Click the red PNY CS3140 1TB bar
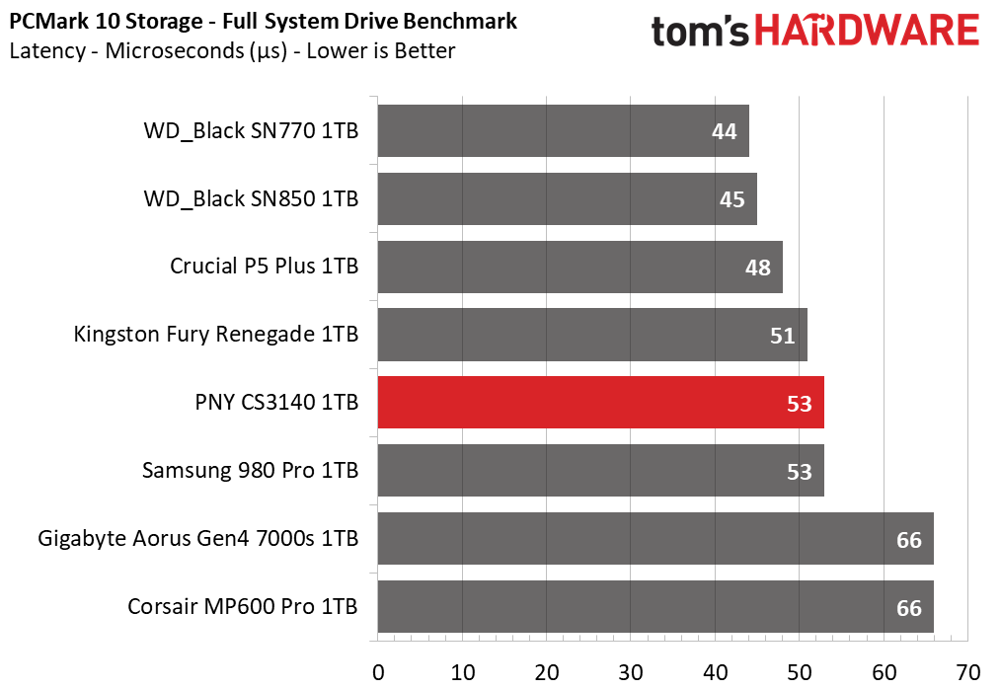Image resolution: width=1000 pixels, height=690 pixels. pos(601,403)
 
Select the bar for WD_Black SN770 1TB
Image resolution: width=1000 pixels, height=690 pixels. pos(563,130)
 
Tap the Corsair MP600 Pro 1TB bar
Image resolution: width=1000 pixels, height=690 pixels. pos(655,606)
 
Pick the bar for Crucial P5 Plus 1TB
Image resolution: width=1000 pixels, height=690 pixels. pos(580,267)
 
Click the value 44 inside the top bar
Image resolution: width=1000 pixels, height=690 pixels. pos(724,131)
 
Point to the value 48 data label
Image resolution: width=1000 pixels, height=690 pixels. pos(758,268)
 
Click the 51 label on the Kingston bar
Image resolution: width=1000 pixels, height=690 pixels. pos(782,336)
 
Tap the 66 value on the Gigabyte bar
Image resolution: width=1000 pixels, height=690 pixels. pos(909,540)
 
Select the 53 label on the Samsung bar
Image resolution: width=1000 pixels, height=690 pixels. pos(799,472)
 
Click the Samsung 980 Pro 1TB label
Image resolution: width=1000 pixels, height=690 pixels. pos(250,470)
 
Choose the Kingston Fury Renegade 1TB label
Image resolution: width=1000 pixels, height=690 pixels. pos(216,335)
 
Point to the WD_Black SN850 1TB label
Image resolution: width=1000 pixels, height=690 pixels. pos(252,199)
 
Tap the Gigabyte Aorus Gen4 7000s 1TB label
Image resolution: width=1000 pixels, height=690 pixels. pos(198,538)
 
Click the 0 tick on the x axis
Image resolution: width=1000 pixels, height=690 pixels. pos(378,672)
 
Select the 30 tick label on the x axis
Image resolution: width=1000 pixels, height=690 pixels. pos(631,672)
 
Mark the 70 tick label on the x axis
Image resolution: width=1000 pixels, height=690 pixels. pos(968,672)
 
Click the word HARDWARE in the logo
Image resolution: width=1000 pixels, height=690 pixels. pos(868,31)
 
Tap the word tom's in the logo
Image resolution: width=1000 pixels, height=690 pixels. pos(700,32)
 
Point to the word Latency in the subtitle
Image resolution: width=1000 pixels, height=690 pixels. pos(47,51)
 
